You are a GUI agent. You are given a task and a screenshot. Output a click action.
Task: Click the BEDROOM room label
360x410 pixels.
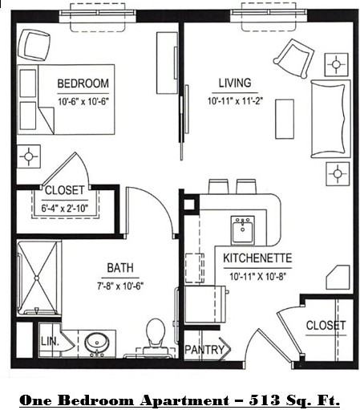point(82,83)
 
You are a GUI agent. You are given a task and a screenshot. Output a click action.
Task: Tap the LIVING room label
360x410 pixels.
point(234,83)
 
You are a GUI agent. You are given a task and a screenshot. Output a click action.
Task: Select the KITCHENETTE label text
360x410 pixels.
point(257,258)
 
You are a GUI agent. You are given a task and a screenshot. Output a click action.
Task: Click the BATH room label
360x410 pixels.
point(122,269)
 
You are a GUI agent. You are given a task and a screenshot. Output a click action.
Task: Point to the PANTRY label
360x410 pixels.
point(204,351)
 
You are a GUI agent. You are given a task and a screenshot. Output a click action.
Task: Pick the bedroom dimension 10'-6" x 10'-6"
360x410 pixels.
point(83,100)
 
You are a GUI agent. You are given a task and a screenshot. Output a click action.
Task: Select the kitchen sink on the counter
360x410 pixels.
point(242,229)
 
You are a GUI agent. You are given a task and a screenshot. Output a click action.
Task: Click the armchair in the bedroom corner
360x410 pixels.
point(34,43)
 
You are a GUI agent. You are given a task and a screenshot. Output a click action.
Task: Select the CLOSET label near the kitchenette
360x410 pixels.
point(326,326)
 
